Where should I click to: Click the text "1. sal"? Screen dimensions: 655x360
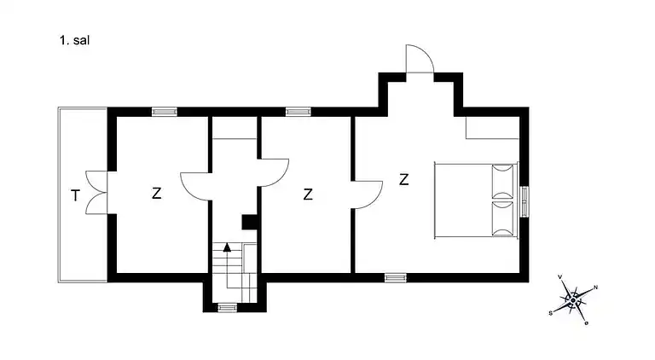74,40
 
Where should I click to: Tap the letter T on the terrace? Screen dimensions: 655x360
75,195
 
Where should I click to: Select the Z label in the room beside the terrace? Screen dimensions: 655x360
156,193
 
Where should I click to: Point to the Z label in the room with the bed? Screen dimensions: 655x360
403,180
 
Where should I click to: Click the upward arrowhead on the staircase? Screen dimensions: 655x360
227,247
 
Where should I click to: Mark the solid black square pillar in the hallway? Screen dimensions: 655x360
249,222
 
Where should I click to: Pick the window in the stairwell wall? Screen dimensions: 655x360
227,308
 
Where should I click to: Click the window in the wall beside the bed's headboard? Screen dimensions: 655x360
525,201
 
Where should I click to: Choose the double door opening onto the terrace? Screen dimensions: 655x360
96,193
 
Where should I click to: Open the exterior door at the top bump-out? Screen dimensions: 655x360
420,59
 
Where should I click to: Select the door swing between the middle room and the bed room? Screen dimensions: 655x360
368,195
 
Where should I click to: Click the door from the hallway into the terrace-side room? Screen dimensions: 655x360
195,186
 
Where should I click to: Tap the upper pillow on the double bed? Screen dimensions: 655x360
502,181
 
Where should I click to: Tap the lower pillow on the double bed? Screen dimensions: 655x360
502,218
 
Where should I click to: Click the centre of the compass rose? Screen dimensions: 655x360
573,300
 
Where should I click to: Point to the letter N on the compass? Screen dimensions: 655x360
595,287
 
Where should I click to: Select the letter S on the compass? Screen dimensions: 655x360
551,313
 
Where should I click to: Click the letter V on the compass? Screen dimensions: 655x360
559,277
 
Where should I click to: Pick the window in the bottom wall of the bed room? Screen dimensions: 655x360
395,278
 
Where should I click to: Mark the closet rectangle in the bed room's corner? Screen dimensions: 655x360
493,127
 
